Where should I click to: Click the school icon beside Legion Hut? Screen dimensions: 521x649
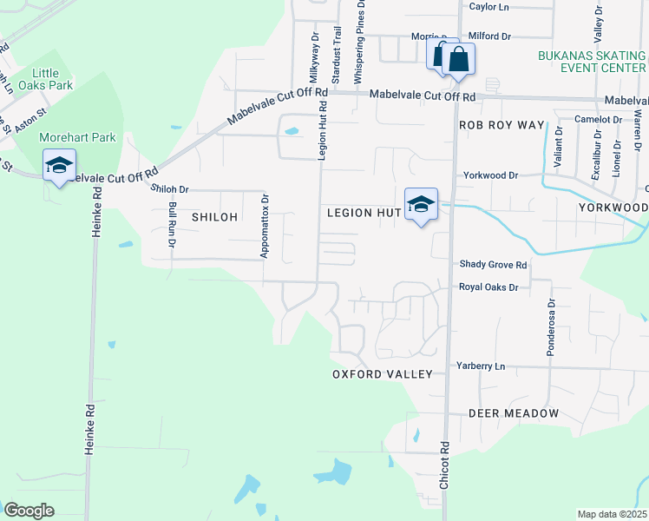coord(421,204)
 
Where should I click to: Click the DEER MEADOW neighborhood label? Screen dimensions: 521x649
coord(514,414)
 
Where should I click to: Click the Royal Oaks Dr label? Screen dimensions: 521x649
coord(488,287)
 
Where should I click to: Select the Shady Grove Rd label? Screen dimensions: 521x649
coord(493,265)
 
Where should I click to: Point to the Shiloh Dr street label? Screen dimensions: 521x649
coord(169,188)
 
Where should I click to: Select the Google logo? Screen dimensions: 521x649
coord(29,510)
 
